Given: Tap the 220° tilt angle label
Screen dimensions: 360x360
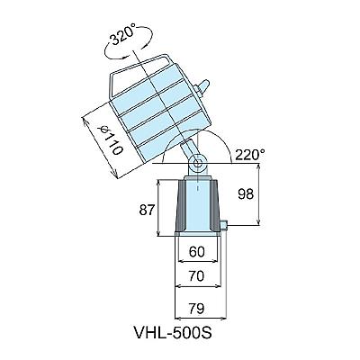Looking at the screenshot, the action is pyautogui.click(x=250, y=155).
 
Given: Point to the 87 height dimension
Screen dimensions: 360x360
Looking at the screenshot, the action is pyautogui.click(x=148, y=211).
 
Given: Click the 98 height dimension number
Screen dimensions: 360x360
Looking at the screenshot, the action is pyautogui.click(x=246, y=194).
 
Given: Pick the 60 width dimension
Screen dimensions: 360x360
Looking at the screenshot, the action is pyautogui.click(x=197, y=251).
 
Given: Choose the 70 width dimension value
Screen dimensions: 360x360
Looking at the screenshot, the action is pyautogui.click(x=197, y=275).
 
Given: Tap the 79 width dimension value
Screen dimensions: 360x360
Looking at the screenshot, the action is pyautogui.click(x=197, y=308).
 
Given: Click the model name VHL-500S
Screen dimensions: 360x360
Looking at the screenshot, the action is pyautogui.click(x=172, y=332).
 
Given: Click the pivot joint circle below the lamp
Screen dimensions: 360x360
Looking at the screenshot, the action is pyautogui.click(x=198, y=163).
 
